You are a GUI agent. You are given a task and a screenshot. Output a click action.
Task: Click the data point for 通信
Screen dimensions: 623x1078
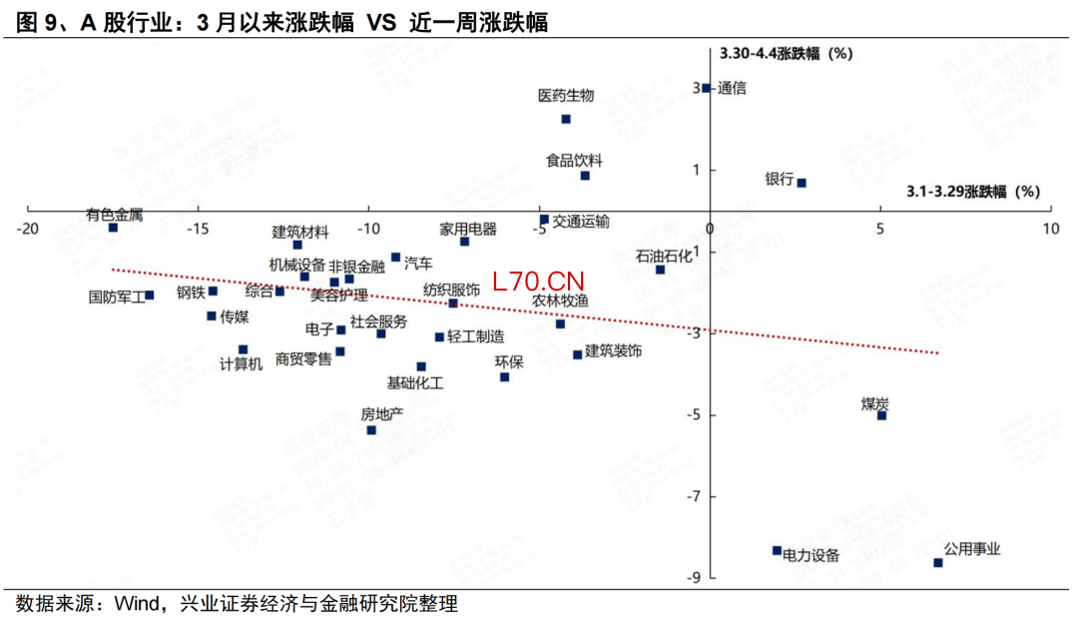coord(706,88)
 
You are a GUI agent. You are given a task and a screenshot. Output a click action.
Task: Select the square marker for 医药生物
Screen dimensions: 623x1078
coord(566,119)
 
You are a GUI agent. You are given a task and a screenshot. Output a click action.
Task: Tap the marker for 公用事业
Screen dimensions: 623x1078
coord(938,563)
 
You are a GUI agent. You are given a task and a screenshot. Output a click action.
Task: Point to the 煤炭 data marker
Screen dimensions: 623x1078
coord(881,415)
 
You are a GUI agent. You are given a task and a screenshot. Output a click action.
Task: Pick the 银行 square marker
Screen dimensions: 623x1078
coord(802,183)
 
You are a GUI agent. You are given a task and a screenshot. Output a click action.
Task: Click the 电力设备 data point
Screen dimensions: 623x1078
coord(777,550)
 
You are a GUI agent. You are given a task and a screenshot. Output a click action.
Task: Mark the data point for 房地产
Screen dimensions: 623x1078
coord(371,430)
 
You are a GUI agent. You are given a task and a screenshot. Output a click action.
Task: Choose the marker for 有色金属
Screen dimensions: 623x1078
coord(113,228)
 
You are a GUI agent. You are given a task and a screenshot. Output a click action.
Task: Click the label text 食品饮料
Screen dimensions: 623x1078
coord(574,160)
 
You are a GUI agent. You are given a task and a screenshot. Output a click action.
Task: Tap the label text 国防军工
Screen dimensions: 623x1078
coord(117,297)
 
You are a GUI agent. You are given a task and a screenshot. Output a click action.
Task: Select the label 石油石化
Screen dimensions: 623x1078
coord(664,256)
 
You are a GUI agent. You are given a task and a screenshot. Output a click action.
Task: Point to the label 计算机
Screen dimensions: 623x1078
coord(241,363)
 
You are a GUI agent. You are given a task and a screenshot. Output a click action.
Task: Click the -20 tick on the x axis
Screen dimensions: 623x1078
coord(27,230)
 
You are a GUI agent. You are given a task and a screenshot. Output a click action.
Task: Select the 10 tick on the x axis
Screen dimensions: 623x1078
coord(1050,230)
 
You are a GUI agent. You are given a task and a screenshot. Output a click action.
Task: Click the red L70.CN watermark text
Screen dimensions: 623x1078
coord(538,283)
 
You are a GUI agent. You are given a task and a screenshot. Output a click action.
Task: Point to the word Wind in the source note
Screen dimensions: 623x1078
coord(138,604)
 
